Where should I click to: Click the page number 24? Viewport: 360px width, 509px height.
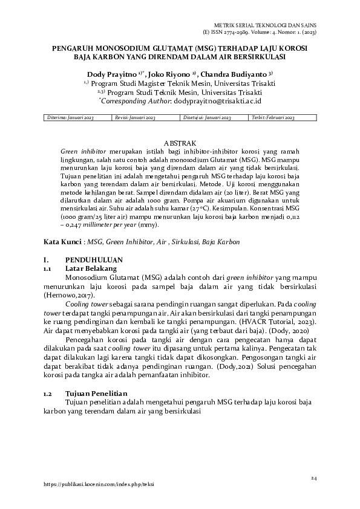coord(314,478)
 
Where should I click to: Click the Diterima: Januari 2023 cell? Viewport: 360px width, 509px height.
coord(71,117)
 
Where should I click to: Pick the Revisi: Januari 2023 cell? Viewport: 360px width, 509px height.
coord(136,117)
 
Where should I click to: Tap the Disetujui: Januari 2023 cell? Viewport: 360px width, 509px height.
coord(204,117)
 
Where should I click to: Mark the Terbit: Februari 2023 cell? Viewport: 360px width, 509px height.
coord(273,117)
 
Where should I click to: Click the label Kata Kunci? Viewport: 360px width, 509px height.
coord(63,241)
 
